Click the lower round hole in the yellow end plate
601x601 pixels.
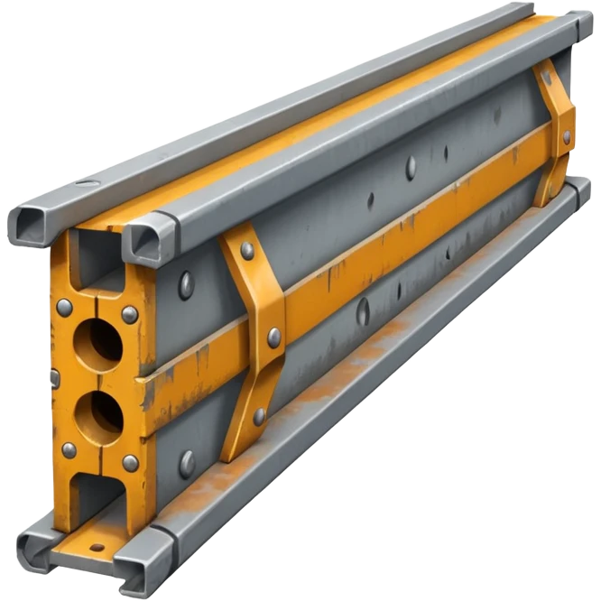click(x=97, y=417)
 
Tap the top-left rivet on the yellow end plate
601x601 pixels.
click(x=64, y=307)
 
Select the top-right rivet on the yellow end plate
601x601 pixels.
click(x=130, y=314)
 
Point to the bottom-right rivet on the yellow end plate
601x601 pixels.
click(x=130, y=463)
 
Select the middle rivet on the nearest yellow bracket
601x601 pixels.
click(x=273, y=337)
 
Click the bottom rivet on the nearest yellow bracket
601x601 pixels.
click(x=260, y=416)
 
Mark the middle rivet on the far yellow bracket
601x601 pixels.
click(x=567, y=137)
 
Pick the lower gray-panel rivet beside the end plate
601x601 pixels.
click(x=187, y=463)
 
